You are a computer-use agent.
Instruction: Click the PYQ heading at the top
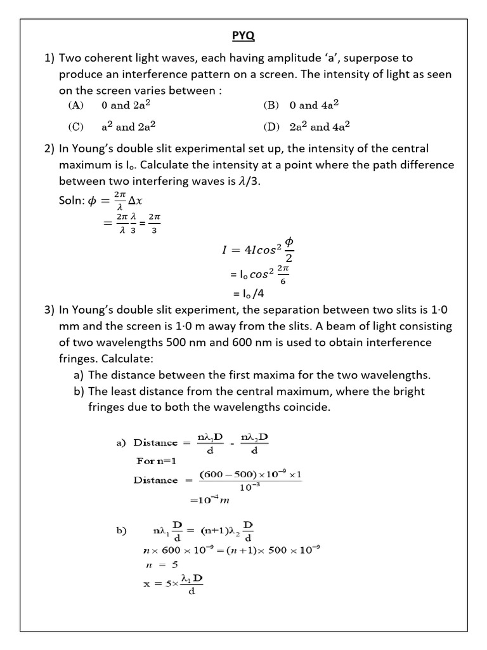[x=243, y=37]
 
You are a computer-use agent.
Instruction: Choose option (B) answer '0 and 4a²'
[x=317, y=105]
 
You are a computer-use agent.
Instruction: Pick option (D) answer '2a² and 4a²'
[x=320, y=126]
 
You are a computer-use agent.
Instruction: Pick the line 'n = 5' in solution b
[x=160, y=564]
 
